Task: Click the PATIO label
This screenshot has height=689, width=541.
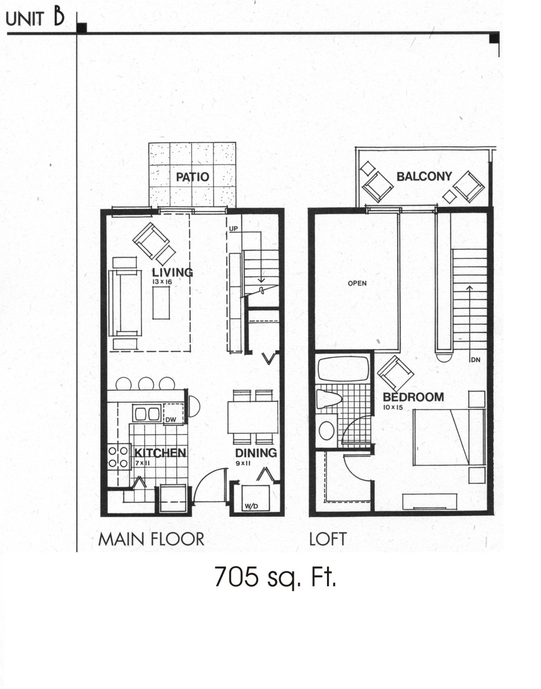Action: click(192, 177)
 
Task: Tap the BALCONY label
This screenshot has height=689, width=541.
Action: click(424, 177)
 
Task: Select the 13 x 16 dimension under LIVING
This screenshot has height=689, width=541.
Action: click(162, 282)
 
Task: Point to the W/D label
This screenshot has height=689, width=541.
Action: click(251, 506)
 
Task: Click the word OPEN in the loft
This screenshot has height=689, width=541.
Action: click(357, 283)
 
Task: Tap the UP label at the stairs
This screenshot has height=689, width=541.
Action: click(233, 229)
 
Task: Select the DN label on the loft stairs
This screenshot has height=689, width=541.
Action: click(475, 360)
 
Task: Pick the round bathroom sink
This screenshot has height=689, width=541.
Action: click(327, 430)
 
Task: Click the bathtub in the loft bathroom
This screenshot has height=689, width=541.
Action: click(343, 369)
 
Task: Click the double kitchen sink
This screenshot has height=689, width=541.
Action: click(147, 413)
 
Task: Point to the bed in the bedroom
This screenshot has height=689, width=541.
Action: click(441, 437)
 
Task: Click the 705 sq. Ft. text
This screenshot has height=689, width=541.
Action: click(275, 577)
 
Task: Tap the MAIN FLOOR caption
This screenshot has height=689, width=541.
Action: click(151, 539)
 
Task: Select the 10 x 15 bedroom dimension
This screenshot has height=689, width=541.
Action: click(393, 407)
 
